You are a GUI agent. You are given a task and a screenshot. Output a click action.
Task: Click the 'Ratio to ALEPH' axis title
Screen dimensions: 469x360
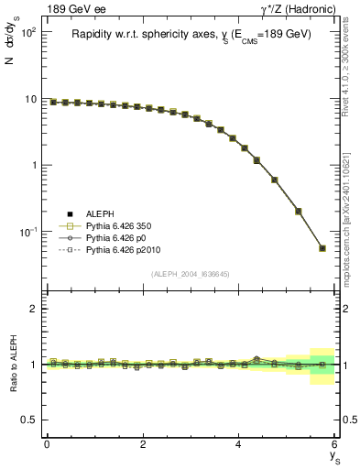pyautogui.click(x=12, y=364)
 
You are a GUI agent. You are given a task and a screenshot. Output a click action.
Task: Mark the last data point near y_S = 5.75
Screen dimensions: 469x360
pyautogui.click(x=322, y=247)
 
